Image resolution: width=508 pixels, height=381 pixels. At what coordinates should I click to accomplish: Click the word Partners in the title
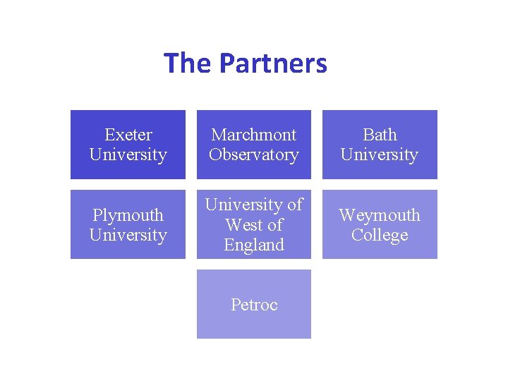pos(273,64)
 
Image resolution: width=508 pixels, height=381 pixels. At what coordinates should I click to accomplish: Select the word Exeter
pos(128,135)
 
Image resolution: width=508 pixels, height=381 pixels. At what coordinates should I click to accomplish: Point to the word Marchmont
pos(254,135)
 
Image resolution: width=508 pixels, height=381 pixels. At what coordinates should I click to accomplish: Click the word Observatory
pos(254,155)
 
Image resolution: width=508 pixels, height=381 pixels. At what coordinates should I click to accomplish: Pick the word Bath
pos(380,135)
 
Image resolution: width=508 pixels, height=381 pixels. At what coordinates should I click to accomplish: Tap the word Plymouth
pos(128,214)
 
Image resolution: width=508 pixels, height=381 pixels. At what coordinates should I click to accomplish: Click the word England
pos(254,245)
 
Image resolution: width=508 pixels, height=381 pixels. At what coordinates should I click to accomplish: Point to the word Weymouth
pos(380,214)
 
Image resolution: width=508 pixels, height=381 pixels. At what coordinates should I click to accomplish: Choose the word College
pos(380,235)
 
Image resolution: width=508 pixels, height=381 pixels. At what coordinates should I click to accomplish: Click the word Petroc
pos(254,305)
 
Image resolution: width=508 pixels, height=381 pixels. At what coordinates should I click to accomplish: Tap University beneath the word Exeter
pos(128,155)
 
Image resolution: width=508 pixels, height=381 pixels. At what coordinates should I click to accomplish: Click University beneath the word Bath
pos(380,155)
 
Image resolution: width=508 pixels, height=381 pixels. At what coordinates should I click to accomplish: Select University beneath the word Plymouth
pos(128,235)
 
